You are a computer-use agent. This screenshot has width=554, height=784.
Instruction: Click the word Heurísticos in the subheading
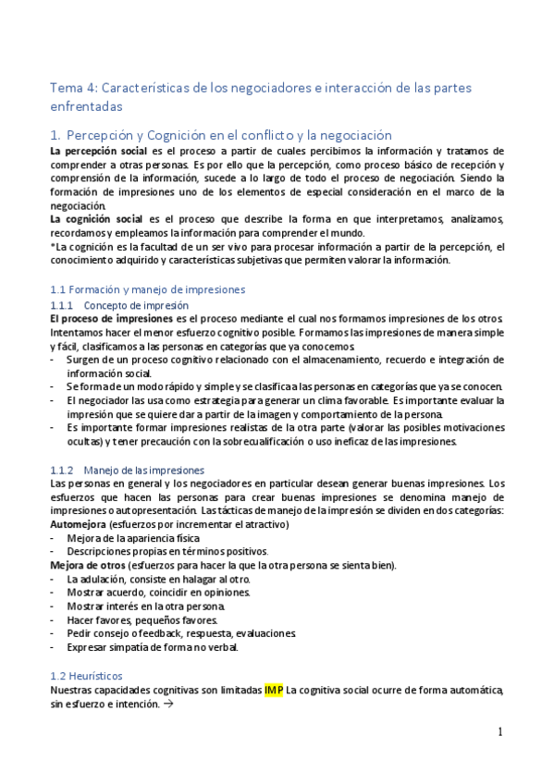tap(96, 676)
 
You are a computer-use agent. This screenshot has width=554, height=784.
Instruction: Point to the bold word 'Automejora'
tap(78, 524)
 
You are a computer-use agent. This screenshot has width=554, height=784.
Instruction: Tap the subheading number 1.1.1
tap(62, 304)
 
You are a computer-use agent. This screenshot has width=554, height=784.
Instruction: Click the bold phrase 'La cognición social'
tap(96, 219)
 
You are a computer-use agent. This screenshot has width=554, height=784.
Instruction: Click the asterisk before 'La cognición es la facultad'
tap(53, 247)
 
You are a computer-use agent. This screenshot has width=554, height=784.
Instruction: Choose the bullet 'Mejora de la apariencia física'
tap(139, 538)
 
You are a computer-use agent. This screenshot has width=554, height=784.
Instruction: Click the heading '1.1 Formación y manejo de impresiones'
tap(147, 289)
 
